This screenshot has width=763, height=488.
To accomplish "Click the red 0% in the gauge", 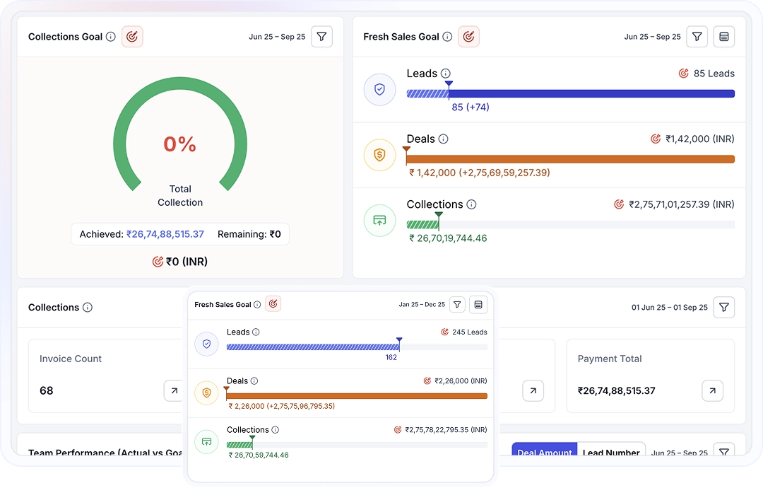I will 179,144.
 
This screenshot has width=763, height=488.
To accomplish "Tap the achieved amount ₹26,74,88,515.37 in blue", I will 165,234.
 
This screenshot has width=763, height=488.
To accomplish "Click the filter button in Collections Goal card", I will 321,37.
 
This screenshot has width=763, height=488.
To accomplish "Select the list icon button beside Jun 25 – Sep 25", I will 723,37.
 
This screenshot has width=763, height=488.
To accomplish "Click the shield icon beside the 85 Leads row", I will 379,90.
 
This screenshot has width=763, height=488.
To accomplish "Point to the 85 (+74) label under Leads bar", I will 471,108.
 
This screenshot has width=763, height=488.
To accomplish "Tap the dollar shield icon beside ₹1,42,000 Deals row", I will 379,155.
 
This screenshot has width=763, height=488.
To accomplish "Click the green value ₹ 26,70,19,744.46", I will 448,238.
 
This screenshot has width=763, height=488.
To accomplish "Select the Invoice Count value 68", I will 47,390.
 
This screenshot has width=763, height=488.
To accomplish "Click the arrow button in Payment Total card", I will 712,390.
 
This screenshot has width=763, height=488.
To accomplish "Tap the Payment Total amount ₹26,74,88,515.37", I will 616,390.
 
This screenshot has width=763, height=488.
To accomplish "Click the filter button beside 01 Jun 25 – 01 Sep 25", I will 724,308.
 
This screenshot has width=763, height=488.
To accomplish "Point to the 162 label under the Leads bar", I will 391,358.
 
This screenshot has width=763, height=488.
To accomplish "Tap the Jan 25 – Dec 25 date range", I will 422,305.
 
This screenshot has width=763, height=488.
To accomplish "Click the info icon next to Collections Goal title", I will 111,37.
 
